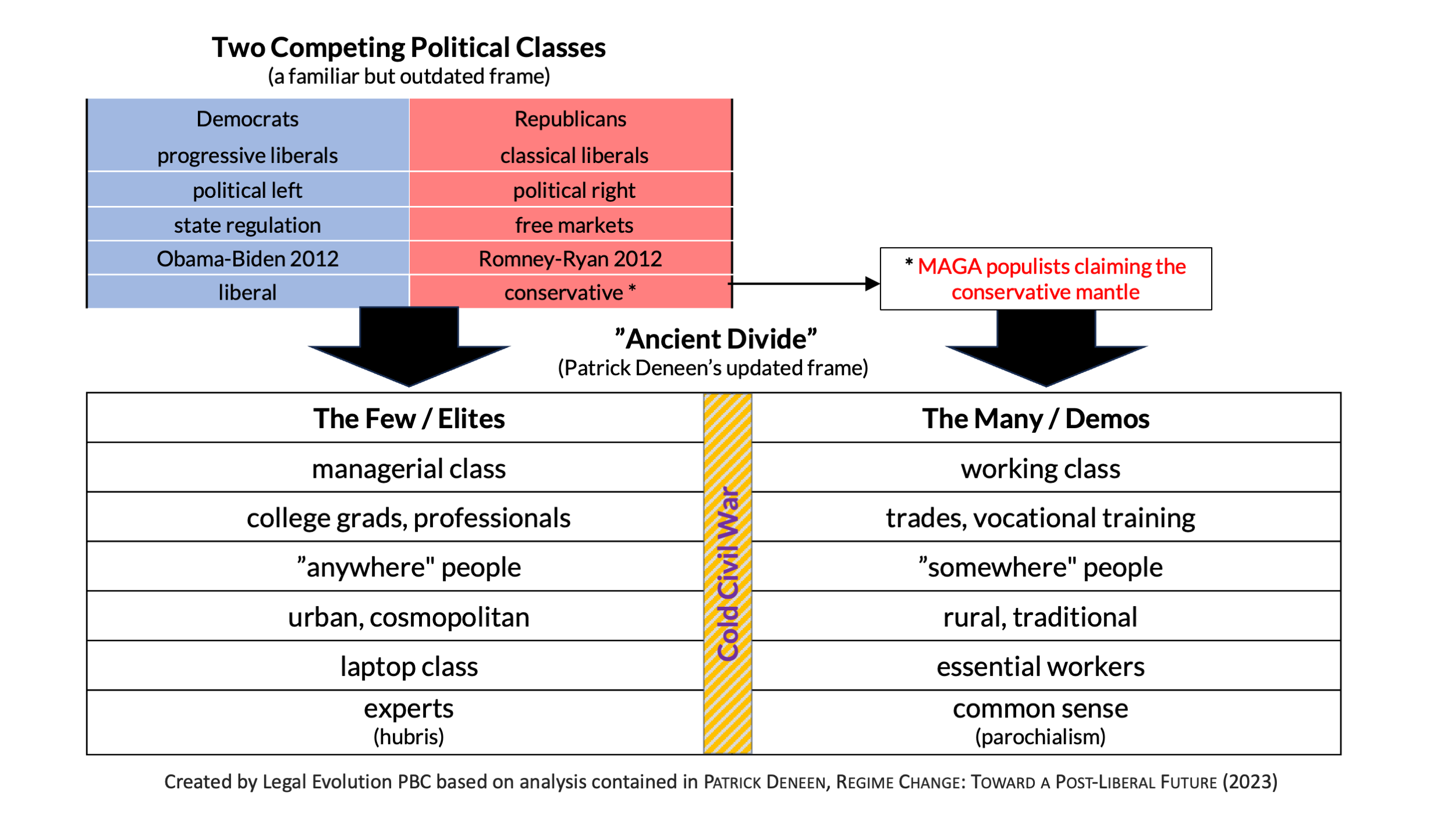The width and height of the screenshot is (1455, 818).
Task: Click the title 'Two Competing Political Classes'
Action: coord(409,48)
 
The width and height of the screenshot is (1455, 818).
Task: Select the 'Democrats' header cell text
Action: coord(247,119)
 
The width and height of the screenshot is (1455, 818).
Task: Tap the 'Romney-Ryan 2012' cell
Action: coord(570,259)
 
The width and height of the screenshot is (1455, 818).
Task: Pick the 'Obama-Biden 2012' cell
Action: coord(247,259)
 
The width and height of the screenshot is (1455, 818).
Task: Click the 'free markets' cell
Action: coord(574,225)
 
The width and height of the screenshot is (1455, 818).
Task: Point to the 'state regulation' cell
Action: coord(247,225)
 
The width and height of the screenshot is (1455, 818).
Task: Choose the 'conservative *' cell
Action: coord(570,293)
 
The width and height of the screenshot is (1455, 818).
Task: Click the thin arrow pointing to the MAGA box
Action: coord(803,284)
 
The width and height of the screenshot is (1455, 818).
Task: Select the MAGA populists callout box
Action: coord(1045,279)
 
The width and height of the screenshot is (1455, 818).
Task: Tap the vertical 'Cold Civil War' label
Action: coord(727,574)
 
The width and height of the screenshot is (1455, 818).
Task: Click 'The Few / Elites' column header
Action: coord(409,419)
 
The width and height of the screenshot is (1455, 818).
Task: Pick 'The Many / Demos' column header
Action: coord(1035,419)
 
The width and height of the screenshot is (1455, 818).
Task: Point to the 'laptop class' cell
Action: coord(409,667)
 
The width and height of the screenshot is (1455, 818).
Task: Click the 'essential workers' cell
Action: coord(1040,667)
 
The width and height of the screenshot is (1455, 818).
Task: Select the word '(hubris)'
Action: coord(409,737)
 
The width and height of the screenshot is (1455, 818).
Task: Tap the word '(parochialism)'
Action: coord(1040,737)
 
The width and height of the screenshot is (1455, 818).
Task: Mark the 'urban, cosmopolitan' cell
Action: coord(409,617)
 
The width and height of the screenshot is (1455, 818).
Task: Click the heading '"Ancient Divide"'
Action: coord(716,339)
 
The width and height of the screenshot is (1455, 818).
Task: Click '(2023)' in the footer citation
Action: coord(1250,782)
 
